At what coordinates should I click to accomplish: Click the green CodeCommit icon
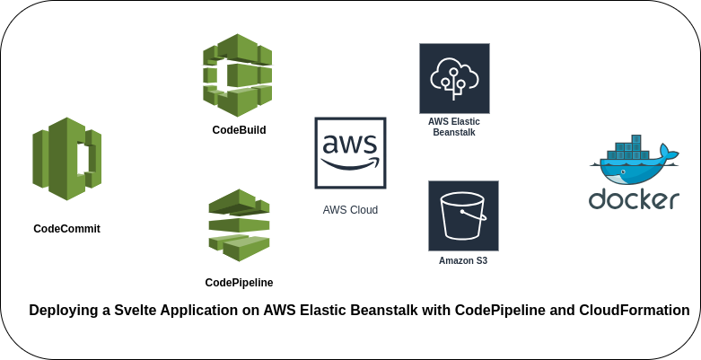pyautogui.click(x=67, y=159)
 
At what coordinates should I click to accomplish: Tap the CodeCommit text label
pyautogui.click(x=66, y=229)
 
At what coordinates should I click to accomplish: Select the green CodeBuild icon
pyautogui.click(x=238, y=75)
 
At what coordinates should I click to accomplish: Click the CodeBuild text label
pyautogui.click(x=239, y=130)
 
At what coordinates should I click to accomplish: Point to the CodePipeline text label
pyautogui.click(x=239, y=283)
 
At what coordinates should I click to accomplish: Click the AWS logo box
pyautogui.click(x=350, y=153)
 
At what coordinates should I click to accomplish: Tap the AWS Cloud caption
pyautogui.click(x=350, y=210)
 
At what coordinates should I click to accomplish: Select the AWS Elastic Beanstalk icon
pyautogui.click(x=454, y=78)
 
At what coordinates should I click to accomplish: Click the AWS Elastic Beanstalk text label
pyautogui.click(x=454, y=127)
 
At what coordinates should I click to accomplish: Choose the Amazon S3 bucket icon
pyautogui.click(x=463, y=215)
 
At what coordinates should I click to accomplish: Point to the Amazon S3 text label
pyautogui.click(x=463, y=261)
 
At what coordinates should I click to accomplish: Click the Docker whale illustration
pyautogui.click(x=634, y=162)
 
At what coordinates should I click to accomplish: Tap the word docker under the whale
pyautogui.click(x=634, y=199)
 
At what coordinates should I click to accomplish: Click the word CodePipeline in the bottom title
pyautogui.click(x=497, y=311)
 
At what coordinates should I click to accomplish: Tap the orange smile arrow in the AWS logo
pyautogui.click(x=351, y=163)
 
